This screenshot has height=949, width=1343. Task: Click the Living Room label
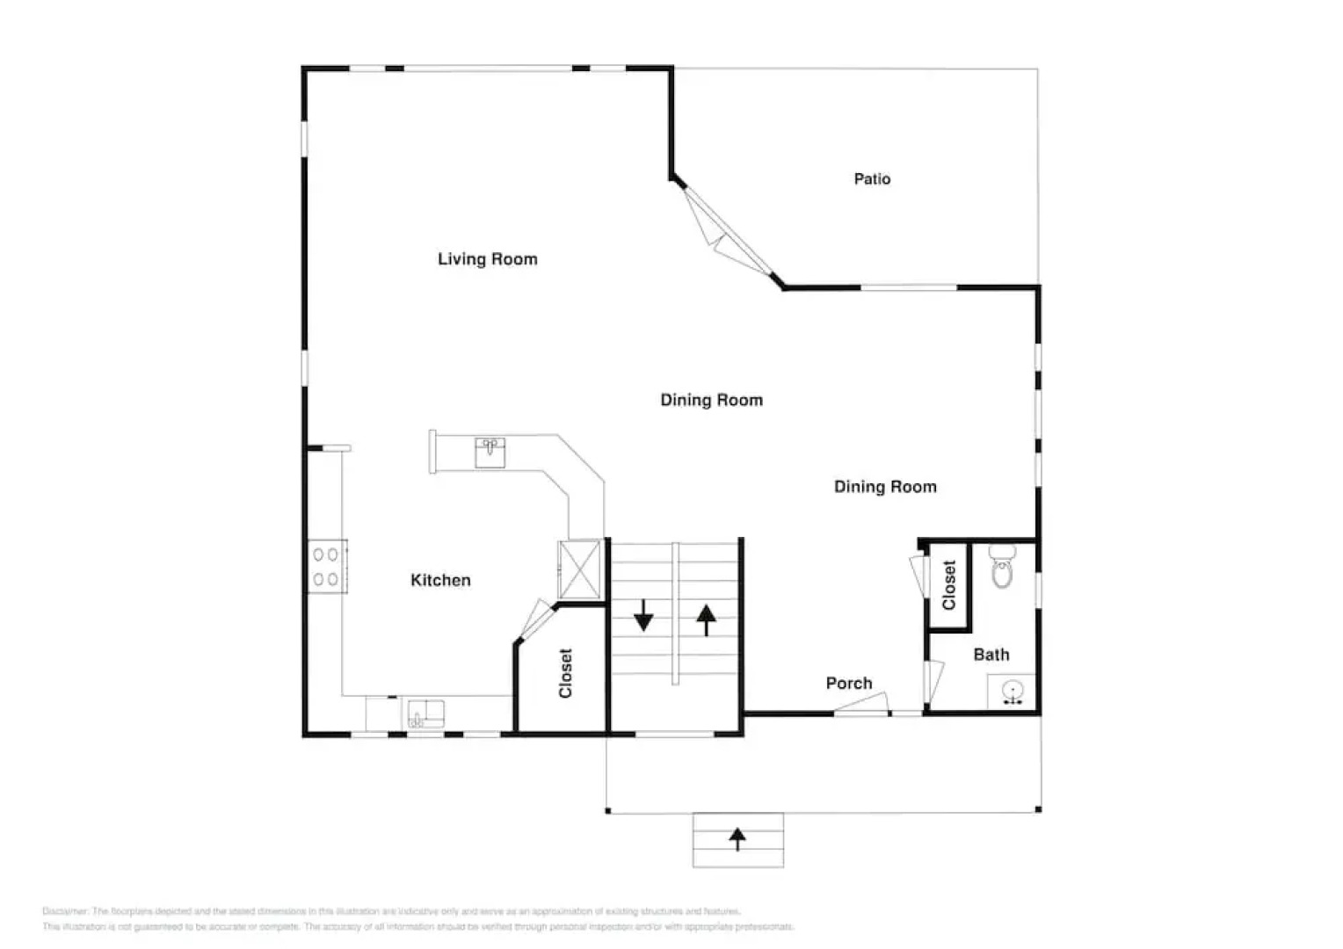tap(487, 259)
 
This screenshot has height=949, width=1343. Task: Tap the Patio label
tap(872, 179)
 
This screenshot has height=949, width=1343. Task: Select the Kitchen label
tap(440, 580)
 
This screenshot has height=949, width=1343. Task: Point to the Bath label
tap(991, 655)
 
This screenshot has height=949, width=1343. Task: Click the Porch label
tap(848, 683)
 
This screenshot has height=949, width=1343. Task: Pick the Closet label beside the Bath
tap(948, 585)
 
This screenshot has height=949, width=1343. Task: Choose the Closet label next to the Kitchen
tap(565, 673)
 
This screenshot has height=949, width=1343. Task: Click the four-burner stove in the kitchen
tap(326, 567)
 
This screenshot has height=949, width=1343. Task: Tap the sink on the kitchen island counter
tap(490, 453)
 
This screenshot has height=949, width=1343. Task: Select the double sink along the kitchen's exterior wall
tap(425, 713)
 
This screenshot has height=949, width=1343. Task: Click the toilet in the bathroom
tap(1002, 567)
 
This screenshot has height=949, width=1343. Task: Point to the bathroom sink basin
tap(1013, 692)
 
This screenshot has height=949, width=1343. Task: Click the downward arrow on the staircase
tap(643, 615)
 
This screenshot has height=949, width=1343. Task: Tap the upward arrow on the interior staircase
tap(706, 619)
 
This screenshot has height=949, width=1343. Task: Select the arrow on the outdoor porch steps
tap(737, 839)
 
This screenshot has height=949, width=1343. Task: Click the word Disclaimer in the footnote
tap(64, 911)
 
